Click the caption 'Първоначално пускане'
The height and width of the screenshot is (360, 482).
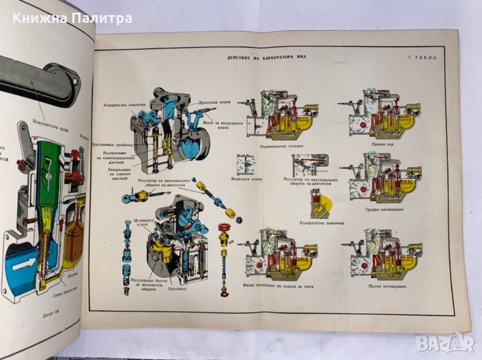(278, 143)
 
